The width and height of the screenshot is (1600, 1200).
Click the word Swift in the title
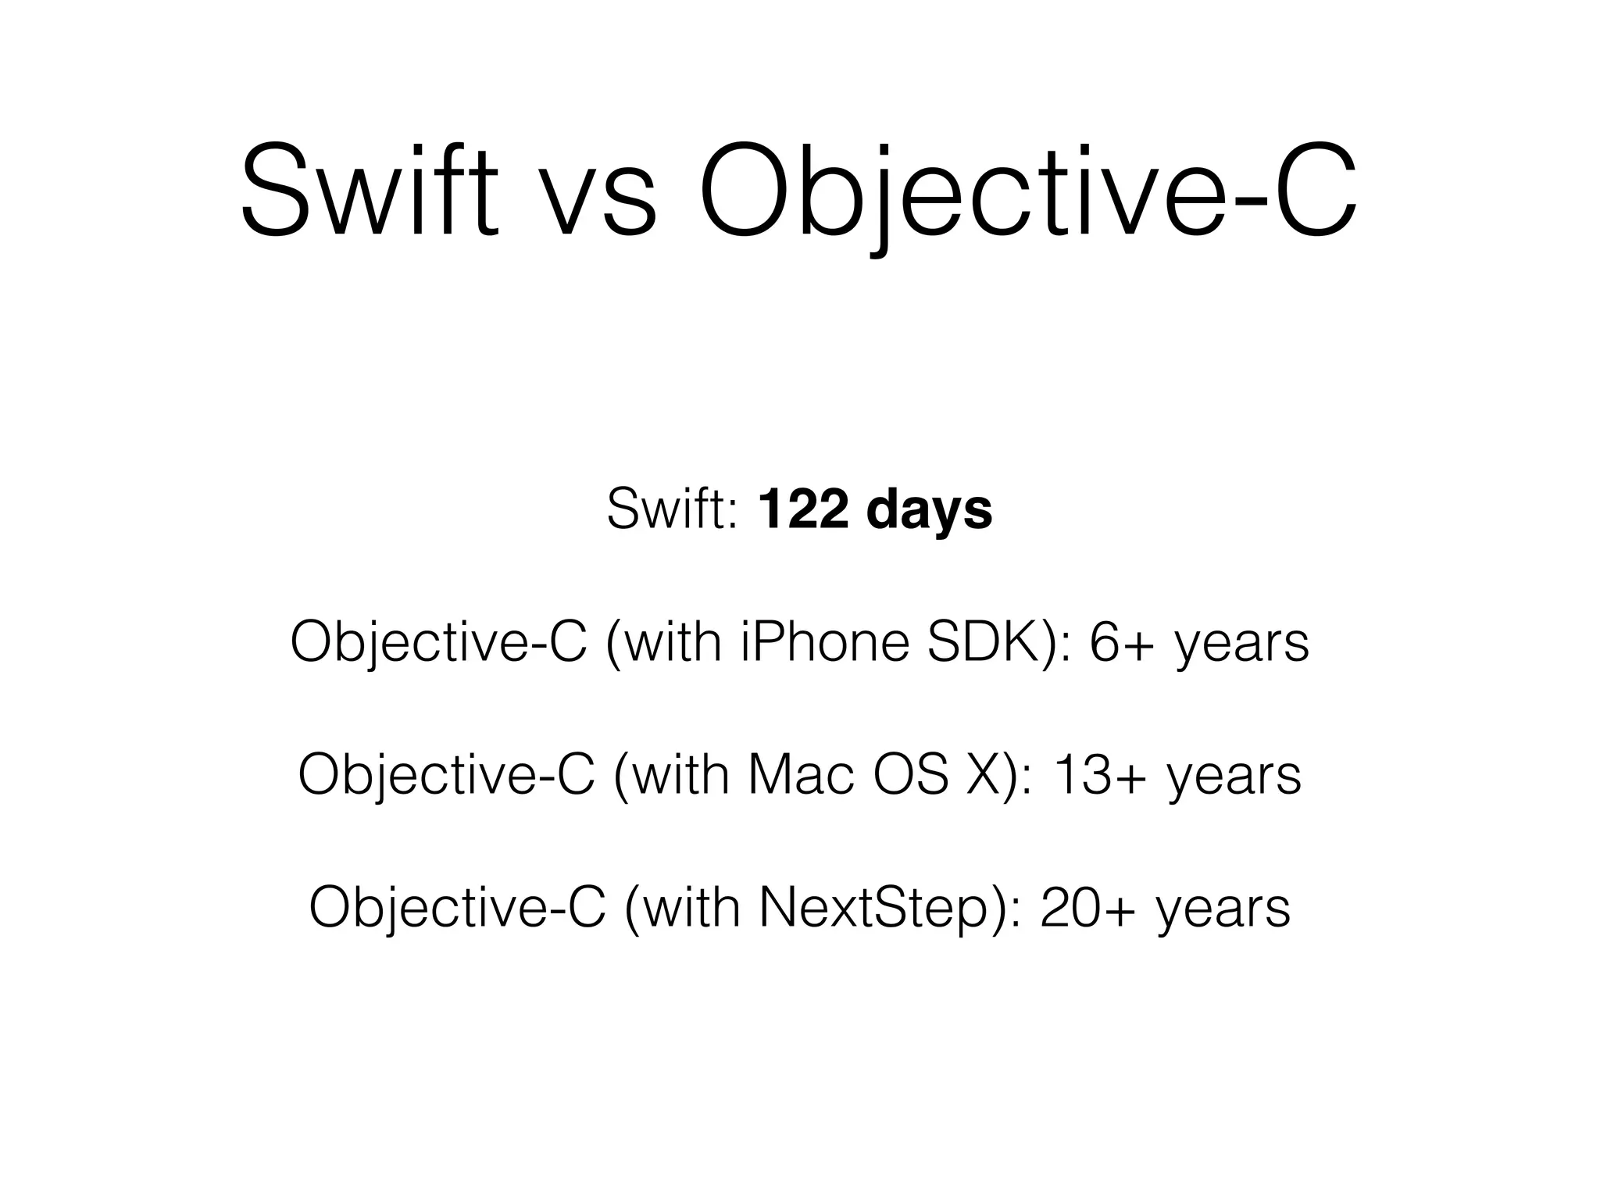coord(369,189)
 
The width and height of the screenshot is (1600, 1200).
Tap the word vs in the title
coord(599,199)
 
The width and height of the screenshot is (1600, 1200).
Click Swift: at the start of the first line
coord(672,509)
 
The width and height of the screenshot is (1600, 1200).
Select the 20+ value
coord(1088,908)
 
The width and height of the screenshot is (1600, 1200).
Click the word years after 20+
coord(1223,912)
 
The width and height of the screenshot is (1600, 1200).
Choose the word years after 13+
coord(1235,780)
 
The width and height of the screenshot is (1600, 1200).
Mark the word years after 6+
coord(1242,647)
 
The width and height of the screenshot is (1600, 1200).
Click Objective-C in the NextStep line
coord(458,908)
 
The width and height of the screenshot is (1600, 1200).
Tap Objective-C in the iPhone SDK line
coord(438,642)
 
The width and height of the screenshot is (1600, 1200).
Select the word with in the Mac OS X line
coord(679,775)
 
